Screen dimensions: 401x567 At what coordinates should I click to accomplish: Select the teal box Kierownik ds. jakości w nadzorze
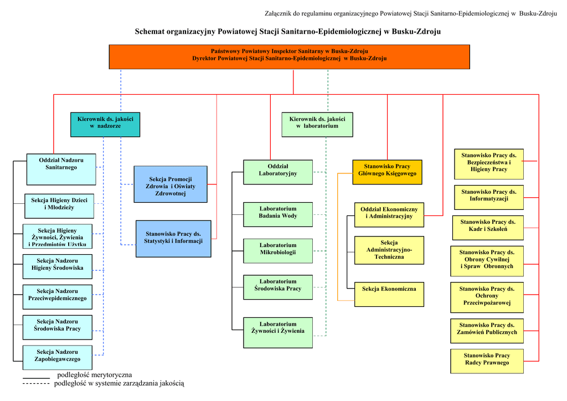105,125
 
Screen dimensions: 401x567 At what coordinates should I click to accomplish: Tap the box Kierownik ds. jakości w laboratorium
317,125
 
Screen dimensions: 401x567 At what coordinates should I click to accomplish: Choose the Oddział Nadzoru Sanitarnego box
61,169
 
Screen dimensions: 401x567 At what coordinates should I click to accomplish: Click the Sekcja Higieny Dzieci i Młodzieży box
59,206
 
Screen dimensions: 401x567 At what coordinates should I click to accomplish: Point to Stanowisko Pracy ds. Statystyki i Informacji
173,239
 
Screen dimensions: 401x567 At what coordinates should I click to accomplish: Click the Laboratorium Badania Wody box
277,214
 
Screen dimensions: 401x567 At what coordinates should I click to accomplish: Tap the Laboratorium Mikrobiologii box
277,251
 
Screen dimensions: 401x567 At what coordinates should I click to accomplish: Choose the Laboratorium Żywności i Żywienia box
277,332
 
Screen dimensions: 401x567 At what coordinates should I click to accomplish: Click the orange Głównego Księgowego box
387,172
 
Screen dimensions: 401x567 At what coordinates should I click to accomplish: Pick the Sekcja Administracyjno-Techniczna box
389,250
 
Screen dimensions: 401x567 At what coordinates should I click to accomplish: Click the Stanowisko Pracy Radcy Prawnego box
486,361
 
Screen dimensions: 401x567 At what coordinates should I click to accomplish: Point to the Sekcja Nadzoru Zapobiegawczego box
58,357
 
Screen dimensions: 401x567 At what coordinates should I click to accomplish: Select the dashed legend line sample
36,383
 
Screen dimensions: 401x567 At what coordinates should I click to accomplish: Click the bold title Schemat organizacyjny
287,32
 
